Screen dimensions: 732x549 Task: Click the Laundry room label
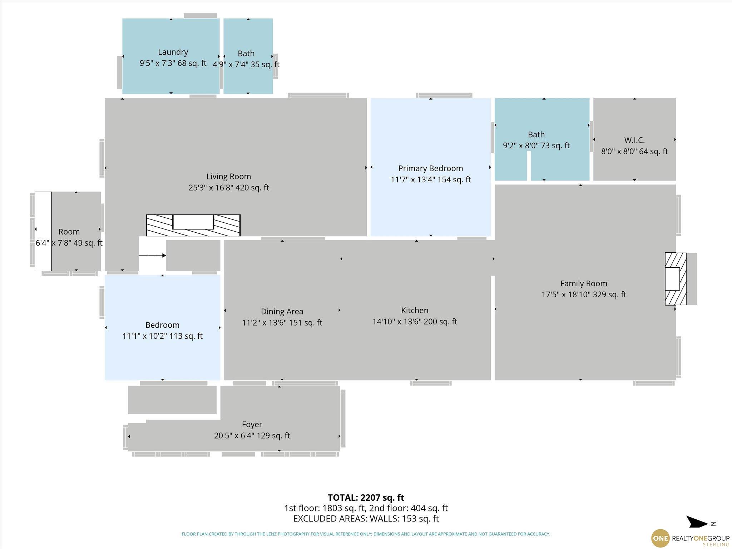click(x=173, y=52)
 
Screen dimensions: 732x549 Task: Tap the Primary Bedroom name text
click(x=430, y=168)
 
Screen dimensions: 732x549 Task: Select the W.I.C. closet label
click(x=634, y=140)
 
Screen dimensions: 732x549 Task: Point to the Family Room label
click(x=584, y=283)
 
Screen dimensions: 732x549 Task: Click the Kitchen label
click(x=415, y=310)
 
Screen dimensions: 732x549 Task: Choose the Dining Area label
click(x=282, y=312)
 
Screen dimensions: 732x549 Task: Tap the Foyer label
click(x=252, y=425)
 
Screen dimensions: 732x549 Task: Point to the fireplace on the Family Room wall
click(x=676, y=279)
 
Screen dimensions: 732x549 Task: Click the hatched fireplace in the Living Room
click(x=193, y=225)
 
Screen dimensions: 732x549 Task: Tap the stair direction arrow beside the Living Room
click(x=153, y=256)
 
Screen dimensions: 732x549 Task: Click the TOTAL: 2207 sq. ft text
click(x=366, y=498)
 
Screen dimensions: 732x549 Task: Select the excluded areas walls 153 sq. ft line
click(x=366, y=518)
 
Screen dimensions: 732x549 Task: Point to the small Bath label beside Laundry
click(x=246, y=54)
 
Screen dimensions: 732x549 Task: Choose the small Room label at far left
click(x=69, y=232)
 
